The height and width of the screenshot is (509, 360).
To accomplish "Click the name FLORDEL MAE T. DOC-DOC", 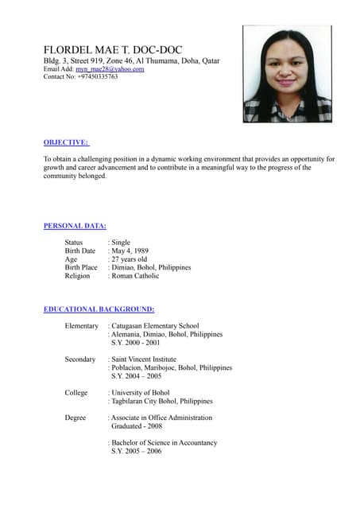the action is [x=113, y=49].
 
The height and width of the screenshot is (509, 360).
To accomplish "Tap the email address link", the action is [x=110, y=69].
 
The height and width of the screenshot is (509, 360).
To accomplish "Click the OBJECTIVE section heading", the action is [x=66, y=142].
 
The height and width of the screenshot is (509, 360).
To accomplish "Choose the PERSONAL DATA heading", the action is [x=75, y=226].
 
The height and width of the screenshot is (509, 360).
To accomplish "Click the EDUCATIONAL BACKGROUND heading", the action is [x=99, y=309].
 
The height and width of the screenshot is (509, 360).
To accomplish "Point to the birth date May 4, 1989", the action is [x=130, y=251].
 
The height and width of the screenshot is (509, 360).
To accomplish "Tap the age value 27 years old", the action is [x=130, y=259].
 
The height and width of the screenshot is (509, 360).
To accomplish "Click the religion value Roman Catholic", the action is [x=136, y=276].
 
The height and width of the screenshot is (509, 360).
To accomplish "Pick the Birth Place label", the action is [x=81, y=267].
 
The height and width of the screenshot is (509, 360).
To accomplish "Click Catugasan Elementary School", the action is [x=156, y=325].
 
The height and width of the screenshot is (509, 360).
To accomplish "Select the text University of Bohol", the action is [x=141, y=393].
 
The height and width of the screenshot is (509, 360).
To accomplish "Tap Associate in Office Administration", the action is [x=162, y=418].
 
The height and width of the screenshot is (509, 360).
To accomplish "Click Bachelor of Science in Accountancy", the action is [x=165, y=443].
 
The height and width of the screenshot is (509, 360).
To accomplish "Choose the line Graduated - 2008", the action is [x=137, y=426].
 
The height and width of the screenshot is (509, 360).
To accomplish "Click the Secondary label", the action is [x=80, y=359].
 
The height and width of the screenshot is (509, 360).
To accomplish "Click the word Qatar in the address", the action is [x=211, y=61].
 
